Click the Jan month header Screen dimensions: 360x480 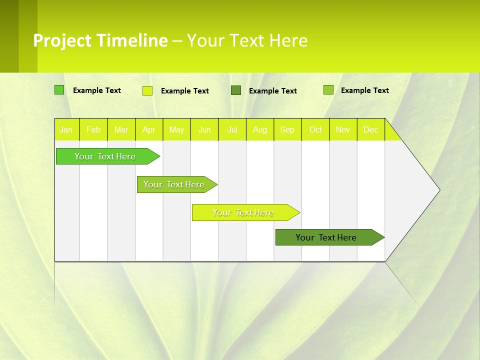click(x=66, y=129)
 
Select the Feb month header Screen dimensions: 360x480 click(x=93, y=129)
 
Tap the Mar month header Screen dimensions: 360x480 click(x=121, y=129)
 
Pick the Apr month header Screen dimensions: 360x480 click(x=149, y=129)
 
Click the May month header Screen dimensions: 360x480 click(x=176, y=129)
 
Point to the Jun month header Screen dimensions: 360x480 click(x=204, y=129)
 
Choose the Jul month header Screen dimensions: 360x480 click(x=232, y=129)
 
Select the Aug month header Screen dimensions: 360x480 click(x=260, y=129)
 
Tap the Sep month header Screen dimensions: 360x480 click(x=287, y=129)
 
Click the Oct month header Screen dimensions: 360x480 click(x=315, y=129)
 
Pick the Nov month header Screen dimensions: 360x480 click(x=343, y=129)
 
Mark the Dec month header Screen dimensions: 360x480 click(x=371, y=129)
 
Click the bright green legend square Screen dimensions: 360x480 click(x=59, y=90)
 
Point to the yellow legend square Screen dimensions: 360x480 click(x=147, y=90)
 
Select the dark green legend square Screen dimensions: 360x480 click(x=236, y=90)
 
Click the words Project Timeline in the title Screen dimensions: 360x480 click(x=100, y=40)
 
